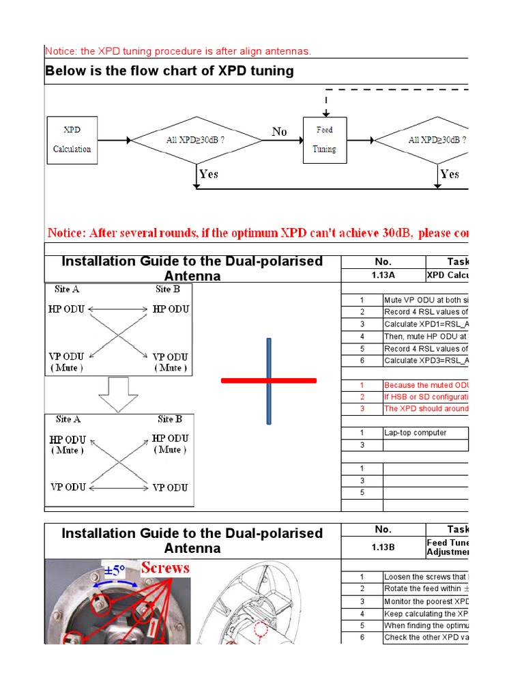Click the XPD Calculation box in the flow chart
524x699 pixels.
72,140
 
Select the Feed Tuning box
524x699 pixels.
324,140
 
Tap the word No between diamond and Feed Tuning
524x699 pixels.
280,132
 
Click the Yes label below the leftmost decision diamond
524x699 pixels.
209,174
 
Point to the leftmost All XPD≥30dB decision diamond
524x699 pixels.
196,140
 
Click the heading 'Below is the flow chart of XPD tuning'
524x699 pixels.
169,71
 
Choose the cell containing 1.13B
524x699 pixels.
383,547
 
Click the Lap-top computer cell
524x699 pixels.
416,433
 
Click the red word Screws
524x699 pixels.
165,568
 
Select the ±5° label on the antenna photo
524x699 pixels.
114,571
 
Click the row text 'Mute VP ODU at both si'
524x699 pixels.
426,300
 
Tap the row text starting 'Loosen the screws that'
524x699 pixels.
426,577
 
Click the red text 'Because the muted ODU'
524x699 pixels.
426,385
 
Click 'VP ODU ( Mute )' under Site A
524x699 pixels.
66,362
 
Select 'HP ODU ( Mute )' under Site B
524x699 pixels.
171,444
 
